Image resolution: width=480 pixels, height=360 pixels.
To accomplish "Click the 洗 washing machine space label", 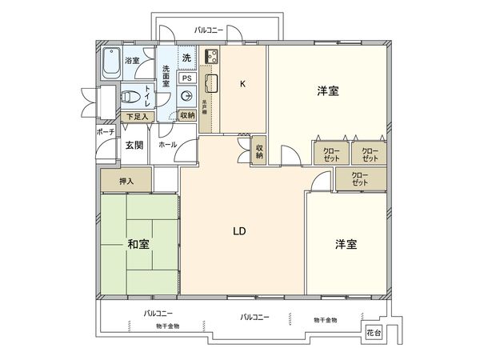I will click(186, 58).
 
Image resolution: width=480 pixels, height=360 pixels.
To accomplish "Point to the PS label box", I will click(186, 78).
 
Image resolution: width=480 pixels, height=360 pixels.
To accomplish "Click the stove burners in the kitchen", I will click(214, 58).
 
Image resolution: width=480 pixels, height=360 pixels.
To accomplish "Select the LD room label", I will click(238, 232).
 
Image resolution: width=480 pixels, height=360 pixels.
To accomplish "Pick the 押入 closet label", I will click(126, 182).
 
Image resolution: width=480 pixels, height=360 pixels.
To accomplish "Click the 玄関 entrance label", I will click(134, 145).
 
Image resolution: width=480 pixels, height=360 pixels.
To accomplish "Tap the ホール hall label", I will click(167, 145).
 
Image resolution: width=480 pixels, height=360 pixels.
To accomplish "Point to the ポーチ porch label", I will click(105, 133).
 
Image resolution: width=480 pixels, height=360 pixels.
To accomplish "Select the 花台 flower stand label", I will click(373, 331).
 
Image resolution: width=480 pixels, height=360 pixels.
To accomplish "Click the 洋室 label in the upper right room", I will click(326, 92).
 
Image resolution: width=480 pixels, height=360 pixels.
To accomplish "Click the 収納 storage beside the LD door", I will click(259, 150).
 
